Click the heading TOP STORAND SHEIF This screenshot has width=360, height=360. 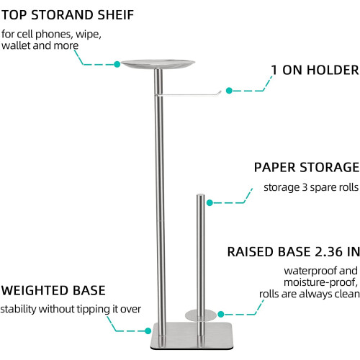[68, 15]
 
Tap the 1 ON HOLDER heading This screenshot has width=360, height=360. [315, 70]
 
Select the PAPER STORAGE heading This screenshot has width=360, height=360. [307, 167]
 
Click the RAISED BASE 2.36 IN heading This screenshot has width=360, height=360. [294, 252]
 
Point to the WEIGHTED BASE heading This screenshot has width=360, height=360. [53, 290]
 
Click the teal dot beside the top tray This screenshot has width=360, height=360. [117, 64]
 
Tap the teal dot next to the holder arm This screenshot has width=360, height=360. [229, 91]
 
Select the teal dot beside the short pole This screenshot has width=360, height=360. [210, 203]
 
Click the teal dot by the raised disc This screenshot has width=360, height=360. [221, 314]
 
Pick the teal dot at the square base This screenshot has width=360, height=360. [148, 331]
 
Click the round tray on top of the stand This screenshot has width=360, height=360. [158, 64]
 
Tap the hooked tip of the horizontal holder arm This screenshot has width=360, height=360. [219, 91]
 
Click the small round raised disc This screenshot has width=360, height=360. [201, 315]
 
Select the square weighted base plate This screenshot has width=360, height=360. [192, 336]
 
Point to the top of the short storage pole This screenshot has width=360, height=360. [201, 195]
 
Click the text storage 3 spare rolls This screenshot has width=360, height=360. [311, 187]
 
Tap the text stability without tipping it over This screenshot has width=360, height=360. [71, 309]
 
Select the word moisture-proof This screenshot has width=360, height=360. [320, 282]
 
